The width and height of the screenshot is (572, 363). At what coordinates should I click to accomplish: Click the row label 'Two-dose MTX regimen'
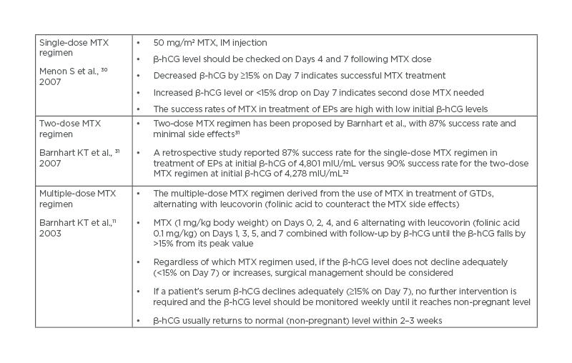click(x=70, y=129)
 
